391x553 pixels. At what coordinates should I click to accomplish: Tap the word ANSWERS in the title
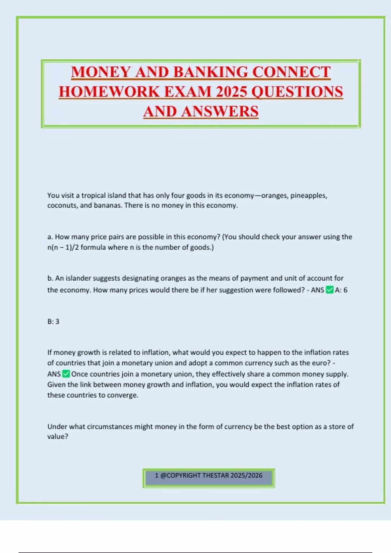pos(220,112)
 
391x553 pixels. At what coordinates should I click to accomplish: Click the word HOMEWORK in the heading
pos(109,92)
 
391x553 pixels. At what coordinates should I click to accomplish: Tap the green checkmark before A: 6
pos(330,290)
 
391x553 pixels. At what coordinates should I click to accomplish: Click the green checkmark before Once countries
pos(66,374)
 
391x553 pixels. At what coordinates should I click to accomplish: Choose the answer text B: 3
pos(53,321)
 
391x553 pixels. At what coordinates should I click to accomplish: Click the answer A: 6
pos(341,290)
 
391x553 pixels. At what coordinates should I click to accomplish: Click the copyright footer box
pos(209,478)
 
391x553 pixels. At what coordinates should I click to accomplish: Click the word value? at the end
pos(58,437)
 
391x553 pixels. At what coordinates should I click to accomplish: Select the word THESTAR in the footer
pos(216,476)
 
